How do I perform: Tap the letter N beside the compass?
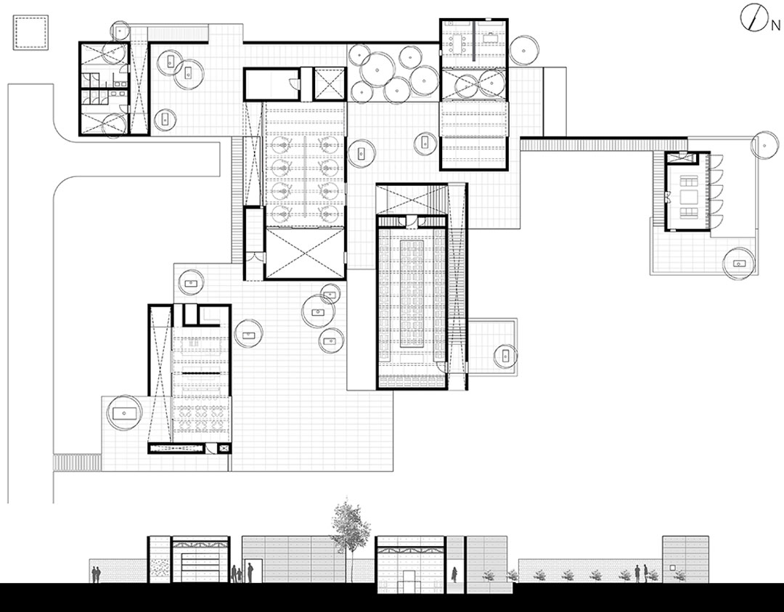pos(775,25)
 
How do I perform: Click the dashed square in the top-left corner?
pos(30,33)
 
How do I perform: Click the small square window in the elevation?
pos(673,568)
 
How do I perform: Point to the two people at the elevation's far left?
pos(96,574)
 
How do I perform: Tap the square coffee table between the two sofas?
pos(688,197)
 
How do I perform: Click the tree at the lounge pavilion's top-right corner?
pos(764,145)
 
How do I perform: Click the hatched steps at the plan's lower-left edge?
pos(77,462)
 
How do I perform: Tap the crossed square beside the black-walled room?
pos(329,83)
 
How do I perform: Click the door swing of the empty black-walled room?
pos(295,82)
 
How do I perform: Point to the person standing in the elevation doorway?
pos(454,574)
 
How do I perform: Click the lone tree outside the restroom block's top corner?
pos(120,30)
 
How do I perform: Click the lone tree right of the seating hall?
pos(505,356)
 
